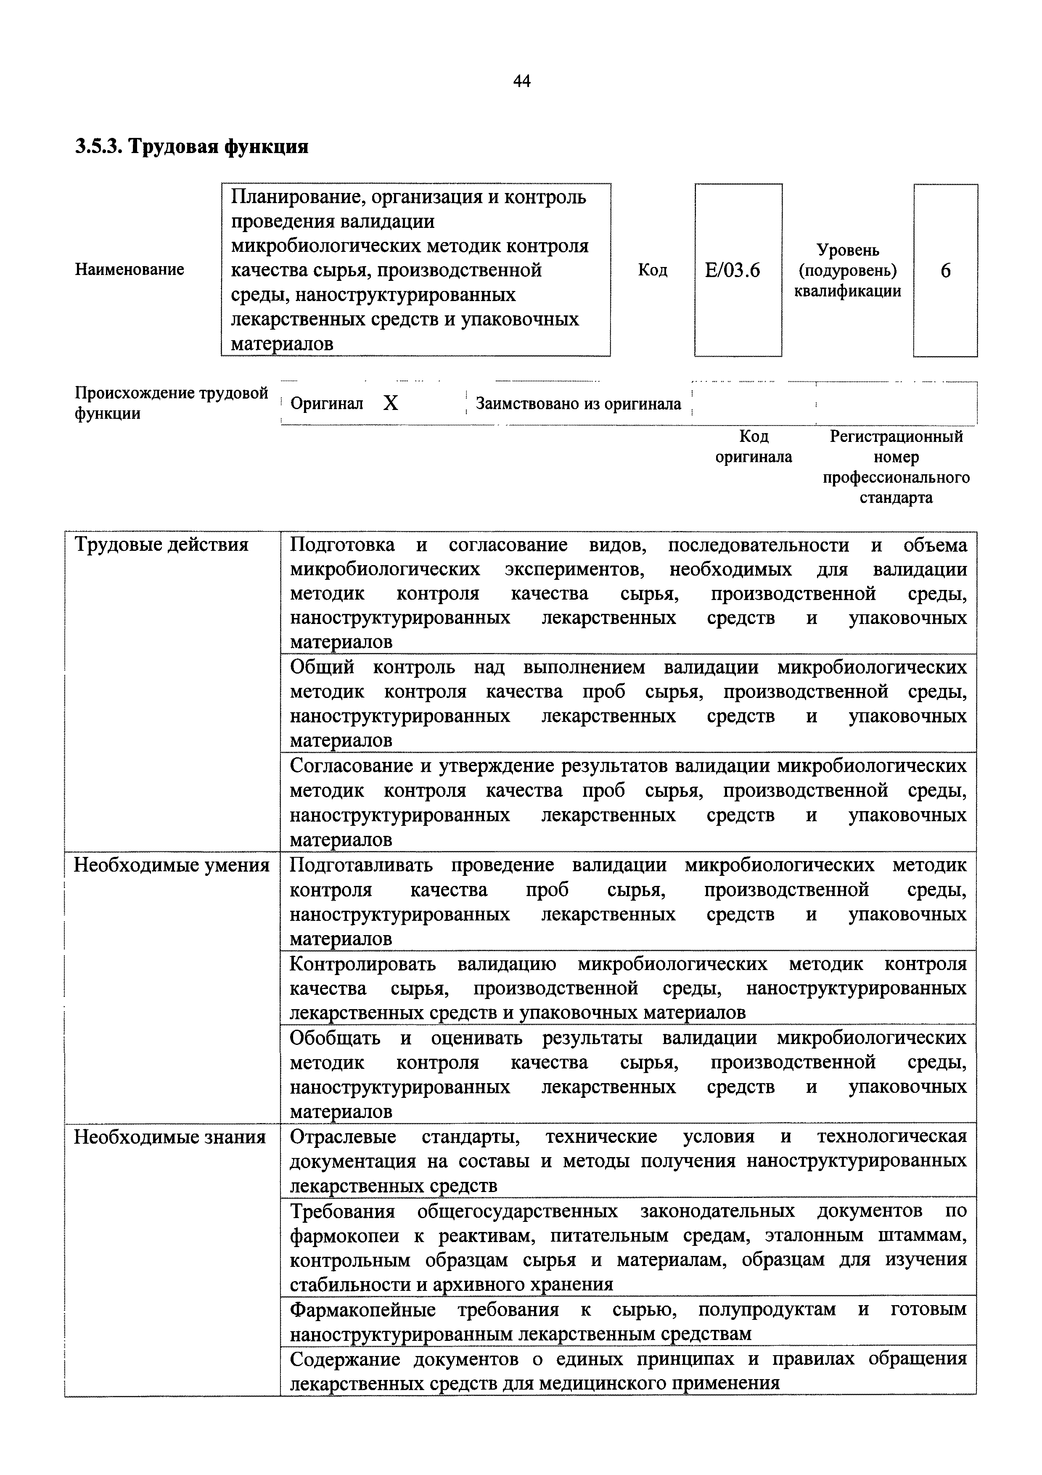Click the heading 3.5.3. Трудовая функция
point(191,147)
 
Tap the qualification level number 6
point(945,270)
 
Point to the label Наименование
point(129,269)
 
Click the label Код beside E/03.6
point(652,270)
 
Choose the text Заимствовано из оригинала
point(577,404)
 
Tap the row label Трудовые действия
point(161,545)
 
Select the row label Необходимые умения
point(172,865)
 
